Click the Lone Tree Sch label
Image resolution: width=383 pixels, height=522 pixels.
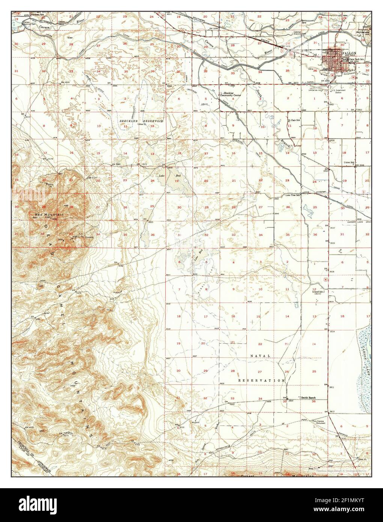[293, 195]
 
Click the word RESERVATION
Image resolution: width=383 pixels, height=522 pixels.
[261, 380]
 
